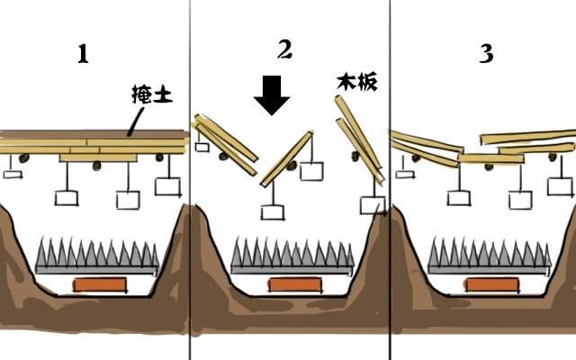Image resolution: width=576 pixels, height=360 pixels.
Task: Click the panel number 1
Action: (83, 54)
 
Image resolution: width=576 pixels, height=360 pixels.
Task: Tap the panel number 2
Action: (284, 49)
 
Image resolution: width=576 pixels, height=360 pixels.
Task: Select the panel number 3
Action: (486, 54)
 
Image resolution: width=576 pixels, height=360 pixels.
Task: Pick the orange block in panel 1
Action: (100, 284)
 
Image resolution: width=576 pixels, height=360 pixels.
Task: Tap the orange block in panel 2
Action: (295, 284)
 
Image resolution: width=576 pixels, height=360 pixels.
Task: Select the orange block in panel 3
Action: (491, 284)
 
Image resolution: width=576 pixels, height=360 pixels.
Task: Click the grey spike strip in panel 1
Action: (97, 256)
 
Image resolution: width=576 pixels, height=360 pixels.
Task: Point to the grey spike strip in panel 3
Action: (490, 256)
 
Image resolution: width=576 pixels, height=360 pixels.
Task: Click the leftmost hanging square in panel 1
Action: (13, 173)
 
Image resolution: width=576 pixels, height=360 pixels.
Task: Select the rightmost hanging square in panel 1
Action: (167, 186)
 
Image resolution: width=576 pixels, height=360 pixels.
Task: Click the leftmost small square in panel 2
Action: (202, 147)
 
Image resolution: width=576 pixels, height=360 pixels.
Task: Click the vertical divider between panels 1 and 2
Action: (190, 180)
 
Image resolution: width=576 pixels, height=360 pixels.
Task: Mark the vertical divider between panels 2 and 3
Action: (390, 180)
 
